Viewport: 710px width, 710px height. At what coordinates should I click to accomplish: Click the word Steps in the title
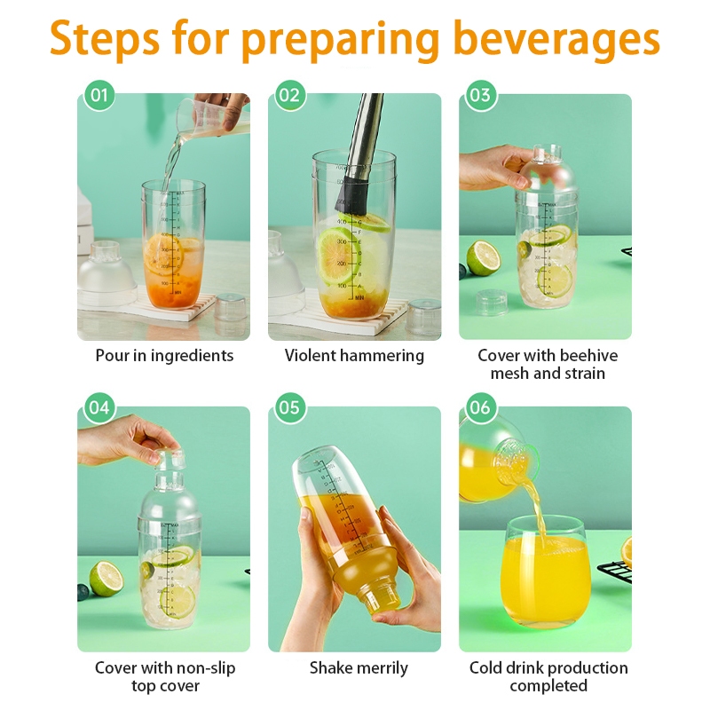pyautogui.click(x=105, y=39)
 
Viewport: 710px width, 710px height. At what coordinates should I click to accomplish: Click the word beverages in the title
pyautogui.click(x=556, y=39)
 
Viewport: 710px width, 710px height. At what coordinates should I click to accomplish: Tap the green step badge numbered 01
pyautogui.click(x=99, y=95)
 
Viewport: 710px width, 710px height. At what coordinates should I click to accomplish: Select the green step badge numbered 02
pyautogui.click(x=290, y=95)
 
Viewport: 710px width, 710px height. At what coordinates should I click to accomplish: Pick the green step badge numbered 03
pyautogui.click(x=480, y=95)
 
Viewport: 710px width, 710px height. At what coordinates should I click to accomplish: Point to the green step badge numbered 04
pyautogui.click(x=99, y=408)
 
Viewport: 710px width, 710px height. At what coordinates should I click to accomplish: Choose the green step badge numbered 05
pyautogui.click(x=290, y=408)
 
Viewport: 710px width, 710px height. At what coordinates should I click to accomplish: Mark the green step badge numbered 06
pyautogui.click(x=480, y=408)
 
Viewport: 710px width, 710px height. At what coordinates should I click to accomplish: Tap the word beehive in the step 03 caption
pyautogui.click(x=588, y=356)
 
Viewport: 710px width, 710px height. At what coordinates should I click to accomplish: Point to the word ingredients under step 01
pyautogui.click(x=192, y=357)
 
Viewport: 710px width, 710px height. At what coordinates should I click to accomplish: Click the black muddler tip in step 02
pyautogui.click(x=352, y=195)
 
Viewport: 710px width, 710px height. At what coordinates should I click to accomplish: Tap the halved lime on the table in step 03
pyautogui.click(x=483, y=257)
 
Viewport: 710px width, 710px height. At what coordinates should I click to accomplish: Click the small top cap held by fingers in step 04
pyautogui.click(x=170, y=458)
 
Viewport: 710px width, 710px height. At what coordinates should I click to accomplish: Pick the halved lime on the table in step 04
pyautogui.click(x=106, y=579)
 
